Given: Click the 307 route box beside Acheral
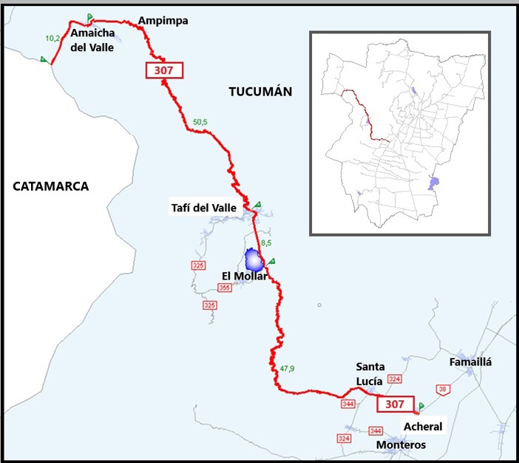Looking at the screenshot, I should pos(395,404).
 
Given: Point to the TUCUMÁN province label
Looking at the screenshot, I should pos(260,92).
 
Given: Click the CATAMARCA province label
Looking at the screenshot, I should pos(50,186).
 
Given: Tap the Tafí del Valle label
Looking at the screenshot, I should pos(202,209).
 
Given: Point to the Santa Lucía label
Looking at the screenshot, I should pos(369,374).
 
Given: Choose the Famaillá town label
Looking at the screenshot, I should pos(470,362).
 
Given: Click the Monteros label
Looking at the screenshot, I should pos(401,445).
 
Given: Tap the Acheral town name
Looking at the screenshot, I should pos(423,427).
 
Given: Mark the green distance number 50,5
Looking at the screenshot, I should pos(200,121).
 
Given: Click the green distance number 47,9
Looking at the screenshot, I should pos(288,368).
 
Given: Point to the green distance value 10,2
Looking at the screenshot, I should pos(52,38).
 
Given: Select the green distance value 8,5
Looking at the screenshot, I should pos(268,242).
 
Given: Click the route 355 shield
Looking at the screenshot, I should pos(225,288).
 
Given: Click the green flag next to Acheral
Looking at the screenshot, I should pos(421,406).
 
